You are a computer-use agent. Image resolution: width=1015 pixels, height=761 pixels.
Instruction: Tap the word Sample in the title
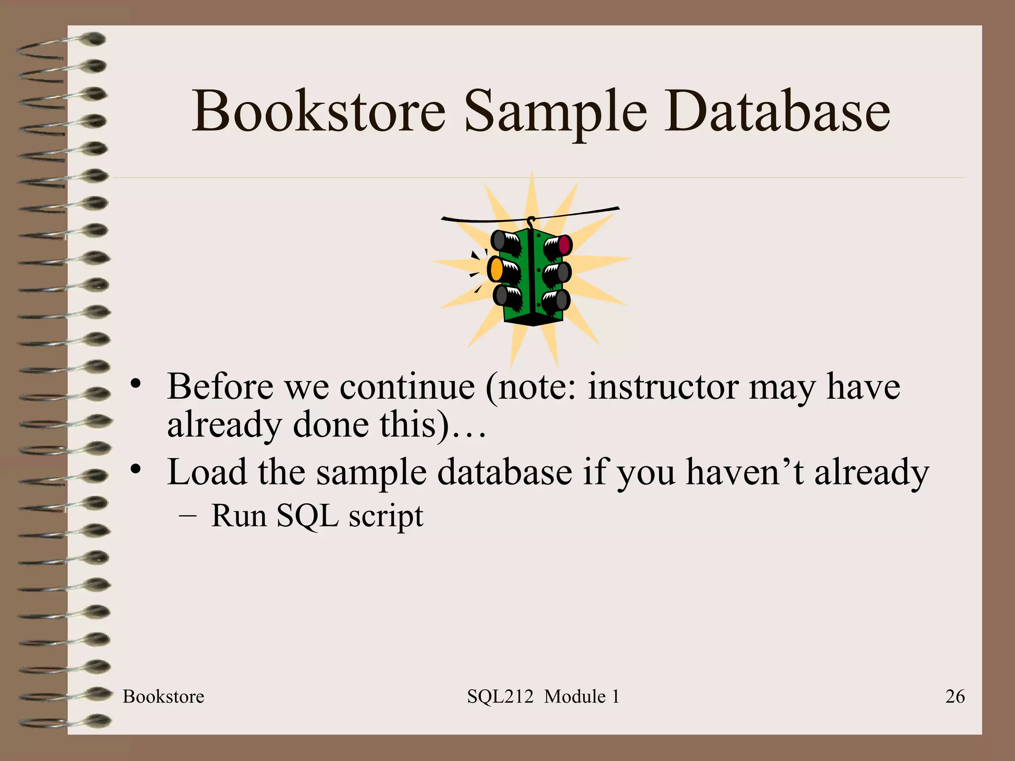(555, 113)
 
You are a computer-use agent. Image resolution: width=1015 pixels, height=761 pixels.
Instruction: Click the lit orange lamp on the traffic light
(495, 269)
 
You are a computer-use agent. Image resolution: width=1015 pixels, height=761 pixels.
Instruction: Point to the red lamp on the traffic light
(564, 244)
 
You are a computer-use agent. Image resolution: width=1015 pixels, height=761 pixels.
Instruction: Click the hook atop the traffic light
(531, 221)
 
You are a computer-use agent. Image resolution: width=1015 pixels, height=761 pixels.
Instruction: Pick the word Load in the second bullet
(207, 472)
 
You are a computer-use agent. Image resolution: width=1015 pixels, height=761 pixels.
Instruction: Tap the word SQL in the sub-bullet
(307, 516)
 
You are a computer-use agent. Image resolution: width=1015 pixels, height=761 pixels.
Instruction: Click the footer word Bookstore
(164, 697)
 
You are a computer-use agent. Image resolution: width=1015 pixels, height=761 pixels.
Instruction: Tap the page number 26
(955, 697)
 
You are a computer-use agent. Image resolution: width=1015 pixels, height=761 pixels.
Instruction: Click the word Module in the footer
(575, 697)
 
